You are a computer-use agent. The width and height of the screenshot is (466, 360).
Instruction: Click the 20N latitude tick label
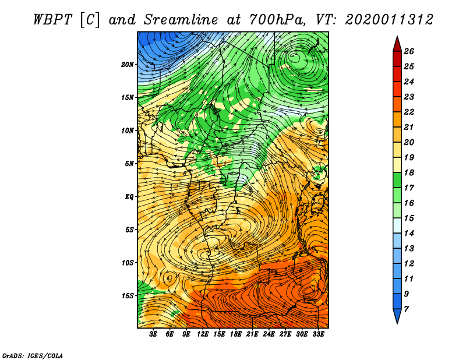pos(128,65)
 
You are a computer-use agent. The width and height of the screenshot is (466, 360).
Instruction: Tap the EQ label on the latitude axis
pos(129,197)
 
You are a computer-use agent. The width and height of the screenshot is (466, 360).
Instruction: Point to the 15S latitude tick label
pos(128,296)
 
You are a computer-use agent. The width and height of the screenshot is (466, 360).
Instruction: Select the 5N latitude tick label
pos(129,164)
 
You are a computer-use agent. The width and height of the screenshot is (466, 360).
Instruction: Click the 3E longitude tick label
pos(153,334)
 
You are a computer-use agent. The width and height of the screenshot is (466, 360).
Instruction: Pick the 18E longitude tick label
pos(235,334)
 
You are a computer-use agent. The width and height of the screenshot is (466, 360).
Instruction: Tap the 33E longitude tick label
pos(318,334)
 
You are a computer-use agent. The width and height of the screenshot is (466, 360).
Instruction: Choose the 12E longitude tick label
pos(202,334)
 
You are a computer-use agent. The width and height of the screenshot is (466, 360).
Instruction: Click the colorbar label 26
pos(409,51)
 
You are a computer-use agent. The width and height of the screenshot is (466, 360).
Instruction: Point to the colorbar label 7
pos(406,309)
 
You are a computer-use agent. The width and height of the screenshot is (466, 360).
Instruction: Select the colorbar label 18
pos(409,172)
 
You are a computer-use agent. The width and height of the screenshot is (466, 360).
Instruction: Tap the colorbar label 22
pos(409,112)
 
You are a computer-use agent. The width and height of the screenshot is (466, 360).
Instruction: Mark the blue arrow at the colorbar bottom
pos(397,315)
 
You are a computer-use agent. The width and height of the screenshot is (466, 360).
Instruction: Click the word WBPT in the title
pos(53,20)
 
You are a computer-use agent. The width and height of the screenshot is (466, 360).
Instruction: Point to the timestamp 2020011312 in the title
pos(389,20)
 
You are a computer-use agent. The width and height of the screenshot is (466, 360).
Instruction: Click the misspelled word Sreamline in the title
pos(181,20)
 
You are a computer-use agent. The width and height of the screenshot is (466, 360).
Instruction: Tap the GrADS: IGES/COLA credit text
pos(33,355)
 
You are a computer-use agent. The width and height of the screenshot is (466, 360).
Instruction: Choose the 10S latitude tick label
pos(128,263)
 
